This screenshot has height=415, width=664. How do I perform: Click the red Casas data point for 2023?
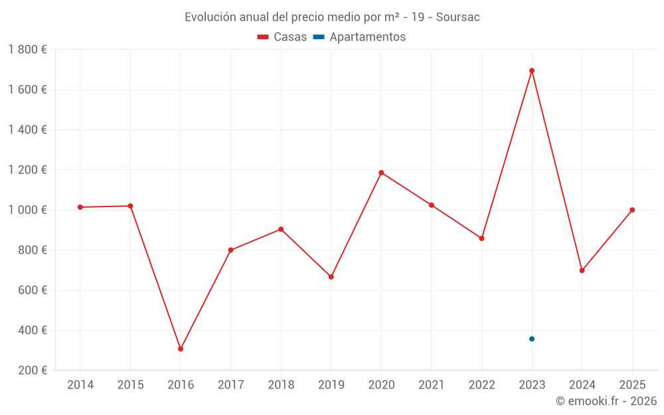[532, 70]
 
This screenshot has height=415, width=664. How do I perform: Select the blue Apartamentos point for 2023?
[532, 339]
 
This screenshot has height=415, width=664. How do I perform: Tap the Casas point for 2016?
[181, 349]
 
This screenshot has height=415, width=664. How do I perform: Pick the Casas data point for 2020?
[381, 173]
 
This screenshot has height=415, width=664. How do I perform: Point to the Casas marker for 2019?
[331, 277]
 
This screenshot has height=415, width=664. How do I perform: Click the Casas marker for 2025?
[632, 210]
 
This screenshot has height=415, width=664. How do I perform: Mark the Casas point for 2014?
[80, 207]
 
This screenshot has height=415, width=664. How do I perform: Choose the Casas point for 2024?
[582, 270]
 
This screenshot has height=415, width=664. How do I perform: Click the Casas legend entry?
[282, 37]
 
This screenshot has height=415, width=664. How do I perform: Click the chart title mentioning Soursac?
[332, 17]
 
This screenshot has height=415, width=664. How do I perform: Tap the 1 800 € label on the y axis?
[27, 50]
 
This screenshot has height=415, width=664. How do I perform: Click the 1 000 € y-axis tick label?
[27, 210]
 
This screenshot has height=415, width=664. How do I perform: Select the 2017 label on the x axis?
[230, 385]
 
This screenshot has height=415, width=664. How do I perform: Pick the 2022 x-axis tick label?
[481, 385]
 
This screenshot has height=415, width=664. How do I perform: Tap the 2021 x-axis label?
[432, 385]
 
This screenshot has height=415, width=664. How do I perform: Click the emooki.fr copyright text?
[606, 401]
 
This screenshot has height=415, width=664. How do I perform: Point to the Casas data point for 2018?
[281, 229]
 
